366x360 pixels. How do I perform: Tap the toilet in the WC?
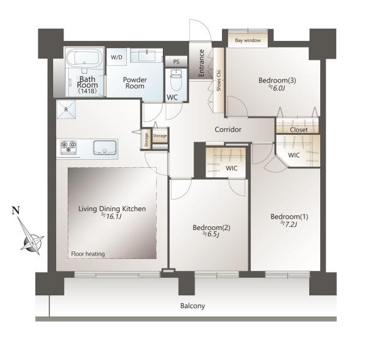tap(176, 80)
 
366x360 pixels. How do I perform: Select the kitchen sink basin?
tap(105, 148)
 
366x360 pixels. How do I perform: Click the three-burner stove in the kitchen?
tap(68, 148)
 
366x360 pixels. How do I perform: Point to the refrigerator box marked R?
tap(66, 109)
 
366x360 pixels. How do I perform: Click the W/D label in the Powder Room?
tap(117, 57)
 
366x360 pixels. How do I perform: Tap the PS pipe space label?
tap(176, 62)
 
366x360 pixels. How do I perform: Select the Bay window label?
tap(248, 40)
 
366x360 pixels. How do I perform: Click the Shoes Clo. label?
tap(219, 80)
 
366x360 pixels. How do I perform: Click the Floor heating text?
tap(88, 254)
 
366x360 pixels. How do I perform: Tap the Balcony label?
tap(193, 306)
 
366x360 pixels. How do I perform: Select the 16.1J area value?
tap(112, 217)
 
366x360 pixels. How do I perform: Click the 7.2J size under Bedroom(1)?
tap(289, 224)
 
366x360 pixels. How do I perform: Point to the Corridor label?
tap(228, 129)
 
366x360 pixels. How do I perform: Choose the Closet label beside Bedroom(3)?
tap(298, 130)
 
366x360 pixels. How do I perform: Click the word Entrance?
tap(201, 63)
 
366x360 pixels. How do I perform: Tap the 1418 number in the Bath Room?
tap(87, 91)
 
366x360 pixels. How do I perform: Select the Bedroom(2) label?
tap(212, 228)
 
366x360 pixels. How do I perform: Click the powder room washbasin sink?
tap(146, 56)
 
